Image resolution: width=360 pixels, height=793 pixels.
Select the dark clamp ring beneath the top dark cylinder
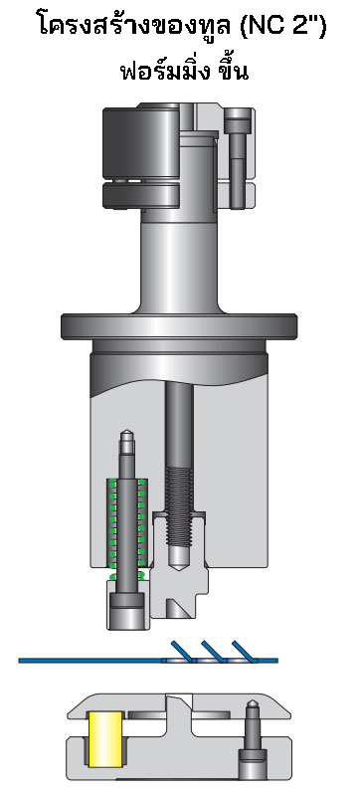139,196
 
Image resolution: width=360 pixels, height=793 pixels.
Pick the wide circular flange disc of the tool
179,325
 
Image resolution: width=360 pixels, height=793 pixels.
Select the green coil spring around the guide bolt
127,527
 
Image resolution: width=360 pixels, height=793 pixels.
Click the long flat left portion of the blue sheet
90,659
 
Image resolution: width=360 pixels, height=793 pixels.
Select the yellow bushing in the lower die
103,739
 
